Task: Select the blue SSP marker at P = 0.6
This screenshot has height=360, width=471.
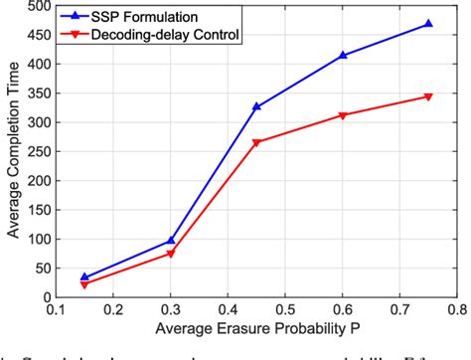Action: pos(343,55)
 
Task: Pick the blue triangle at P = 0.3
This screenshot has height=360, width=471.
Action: pos(171,240)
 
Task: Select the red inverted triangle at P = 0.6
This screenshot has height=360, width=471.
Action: pos(343,115)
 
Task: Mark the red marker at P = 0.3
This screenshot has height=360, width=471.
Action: pos(171,254)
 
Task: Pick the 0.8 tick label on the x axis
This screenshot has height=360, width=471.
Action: pos(456,309)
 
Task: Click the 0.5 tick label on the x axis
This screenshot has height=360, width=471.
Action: pos(285,309)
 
